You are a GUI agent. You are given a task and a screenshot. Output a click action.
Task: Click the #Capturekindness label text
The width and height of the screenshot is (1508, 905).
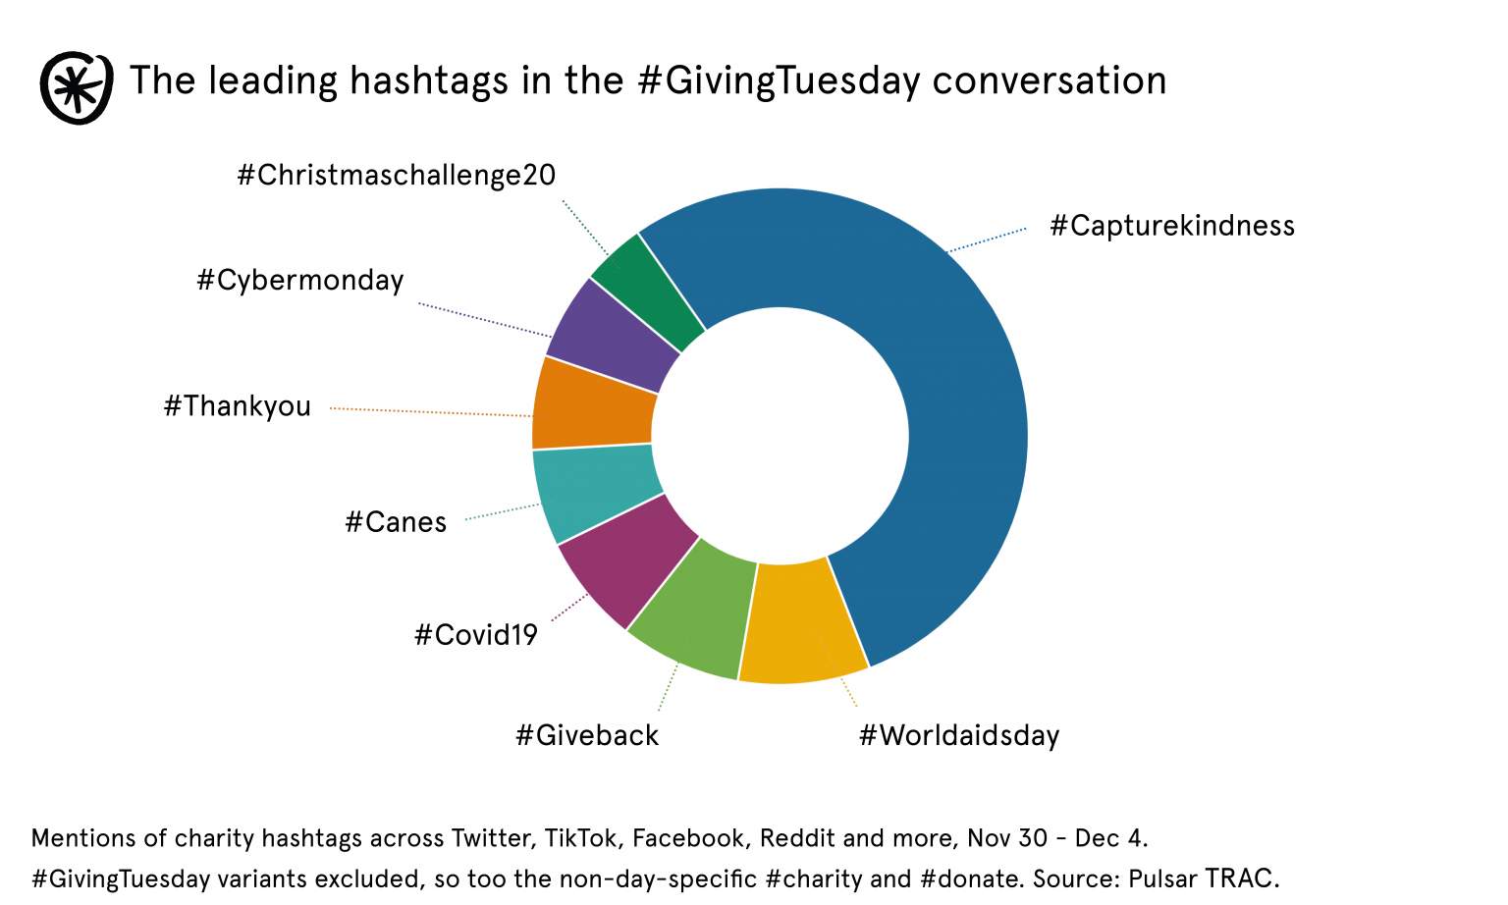pyautogui.click(x=1172, y=226)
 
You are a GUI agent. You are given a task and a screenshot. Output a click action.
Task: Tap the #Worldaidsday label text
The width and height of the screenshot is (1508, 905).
pyautogui.click(x=959, y=735)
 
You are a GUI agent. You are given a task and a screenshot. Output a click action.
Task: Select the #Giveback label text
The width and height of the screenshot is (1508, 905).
pyautogui.click(x=587, y=735)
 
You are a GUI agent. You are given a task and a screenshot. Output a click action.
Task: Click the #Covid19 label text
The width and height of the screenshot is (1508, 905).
pyautogui.click(x=476, y=635)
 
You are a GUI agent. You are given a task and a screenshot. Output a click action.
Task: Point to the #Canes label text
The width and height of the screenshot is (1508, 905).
pyautogui.click(x=396, y=521)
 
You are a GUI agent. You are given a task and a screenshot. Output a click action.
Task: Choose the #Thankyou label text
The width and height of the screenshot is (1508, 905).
pyautogui.click(x=237, y=406)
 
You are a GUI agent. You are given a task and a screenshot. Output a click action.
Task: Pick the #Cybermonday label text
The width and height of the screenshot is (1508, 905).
pyautogui.click(x=300, y=281)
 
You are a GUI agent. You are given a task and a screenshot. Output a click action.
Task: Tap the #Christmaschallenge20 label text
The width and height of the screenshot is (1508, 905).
pyautogui.click(x=397, y=176)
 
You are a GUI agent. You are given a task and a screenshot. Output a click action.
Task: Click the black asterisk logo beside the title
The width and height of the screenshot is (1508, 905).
pyautogui.click(x=76, y=87)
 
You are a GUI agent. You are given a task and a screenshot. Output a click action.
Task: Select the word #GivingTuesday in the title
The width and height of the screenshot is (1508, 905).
pyautogui.click(x=779, y=80)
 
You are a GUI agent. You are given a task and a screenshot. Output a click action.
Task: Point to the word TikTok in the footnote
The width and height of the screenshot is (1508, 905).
pyautogui.click(x=581, y=838)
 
